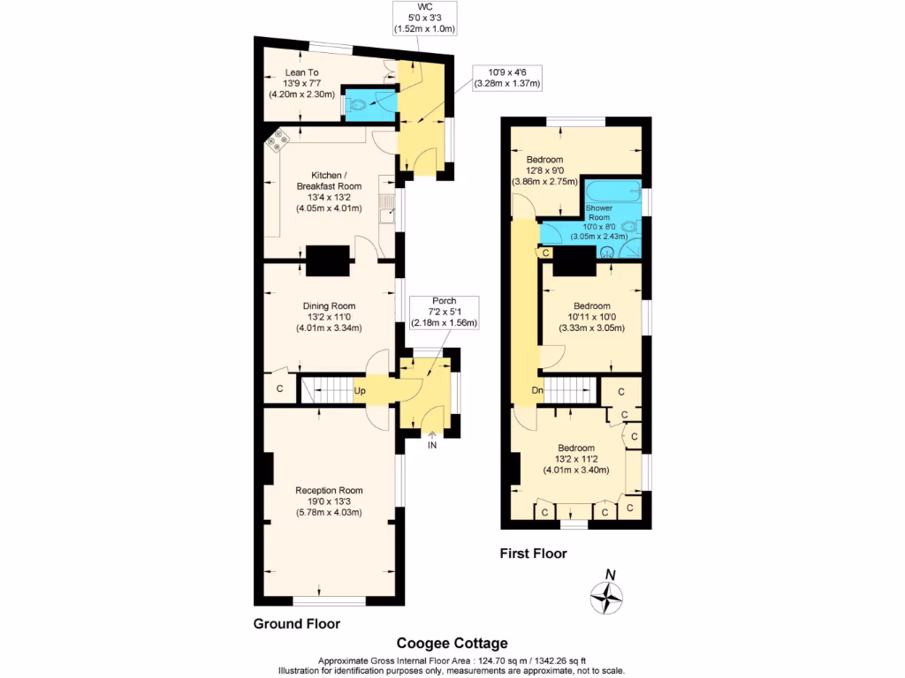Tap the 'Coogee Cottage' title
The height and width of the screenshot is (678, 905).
click(x=452, y=644)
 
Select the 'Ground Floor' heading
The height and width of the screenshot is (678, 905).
click(x=296, y=623)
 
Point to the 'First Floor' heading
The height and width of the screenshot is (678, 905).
click(x=533, y=554)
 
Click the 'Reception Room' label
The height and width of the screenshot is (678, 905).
click(x=329, y=501)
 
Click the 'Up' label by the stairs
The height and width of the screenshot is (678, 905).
click(x=361, y=389)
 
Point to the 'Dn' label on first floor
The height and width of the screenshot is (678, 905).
click(x=536, y=390)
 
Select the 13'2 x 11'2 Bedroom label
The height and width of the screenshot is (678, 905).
click(x=574, y=458)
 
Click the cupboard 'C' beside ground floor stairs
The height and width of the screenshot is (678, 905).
click(x=279, y=388)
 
